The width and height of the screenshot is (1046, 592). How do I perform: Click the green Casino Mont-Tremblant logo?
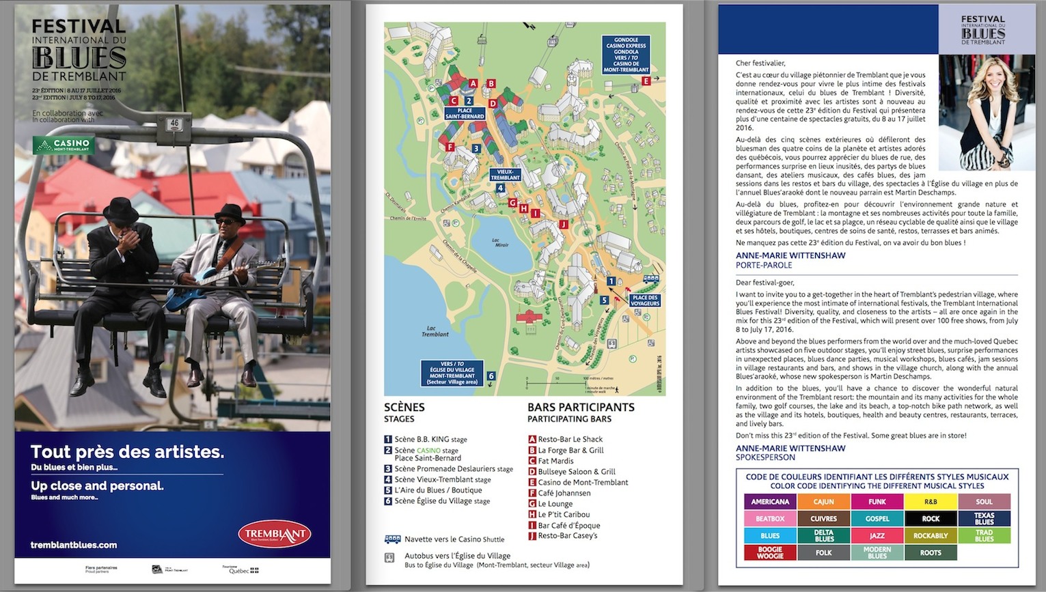(63, 145)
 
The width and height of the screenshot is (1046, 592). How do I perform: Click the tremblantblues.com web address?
(74, 545)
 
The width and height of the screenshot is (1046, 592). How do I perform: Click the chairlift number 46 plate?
(175, 124)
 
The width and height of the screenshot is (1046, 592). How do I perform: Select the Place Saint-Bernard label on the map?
(465, 113)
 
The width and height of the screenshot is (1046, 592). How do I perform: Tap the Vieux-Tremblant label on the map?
(505, 175)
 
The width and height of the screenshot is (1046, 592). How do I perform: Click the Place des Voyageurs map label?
(644, 300)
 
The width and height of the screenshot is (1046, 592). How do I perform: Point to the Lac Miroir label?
(501, 242)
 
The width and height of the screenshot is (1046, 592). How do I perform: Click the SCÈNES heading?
(404, 408)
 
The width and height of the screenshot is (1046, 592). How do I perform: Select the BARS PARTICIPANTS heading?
(581, 408)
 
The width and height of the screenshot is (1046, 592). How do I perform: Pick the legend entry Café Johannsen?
(564, 493)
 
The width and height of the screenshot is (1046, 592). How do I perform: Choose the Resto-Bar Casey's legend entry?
(567, 536)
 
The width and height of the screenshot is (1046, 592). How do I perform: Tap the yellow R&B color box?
(931, 502)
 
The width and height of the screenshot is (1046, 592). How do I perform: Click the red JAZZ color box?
(877, 536)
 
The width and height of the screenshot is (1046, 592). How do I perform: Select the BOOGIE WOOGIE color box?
(770, 552)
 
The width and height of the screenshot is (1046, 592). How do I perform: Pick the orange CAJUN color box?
(823, 502)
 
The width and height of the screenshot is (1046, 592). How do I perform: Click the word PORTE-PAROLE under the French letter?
(764, 265)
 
